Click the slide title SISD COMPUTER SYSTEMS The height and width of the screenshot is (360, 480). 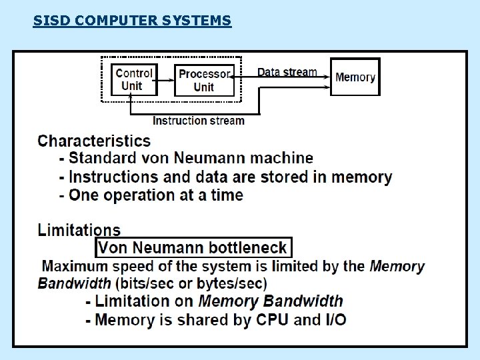point(132,21)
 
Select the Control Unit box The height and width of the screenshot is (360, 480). point(134,79)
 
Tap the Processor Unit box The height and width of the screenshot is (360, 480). point(204,81)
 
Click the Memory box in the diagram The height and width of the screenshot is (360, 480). point(355,77)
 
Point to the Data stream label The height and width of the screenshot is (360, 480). point(287,72)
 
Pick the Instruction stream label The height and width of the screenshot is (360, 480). point(199,121)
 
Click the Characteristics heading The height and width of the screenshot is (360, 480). point(94,141)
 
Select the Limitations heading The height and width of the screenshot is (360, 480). point(79,231)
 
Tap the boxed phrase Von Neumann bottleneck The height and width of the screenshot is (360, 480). point(193,248)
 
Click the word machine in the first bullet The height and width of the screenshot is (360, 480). point(281,158)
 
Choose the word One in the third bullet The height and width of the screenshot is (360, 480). point(84,195)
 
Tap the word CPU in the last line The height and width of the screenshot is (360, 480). point(272,320)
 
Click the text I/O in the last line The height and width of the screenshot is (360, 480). point(336,320)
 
